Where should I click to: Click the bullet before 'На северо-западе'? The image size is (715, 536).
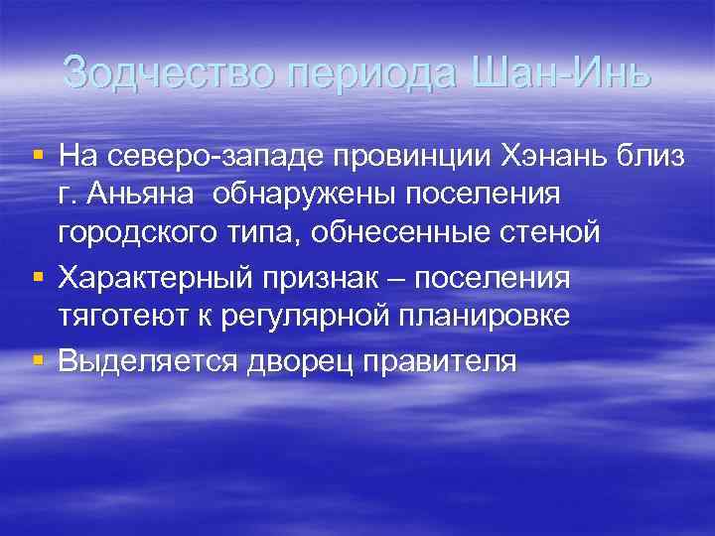38,155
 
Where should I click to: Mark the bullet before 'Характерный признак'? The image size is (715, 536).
38,274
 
